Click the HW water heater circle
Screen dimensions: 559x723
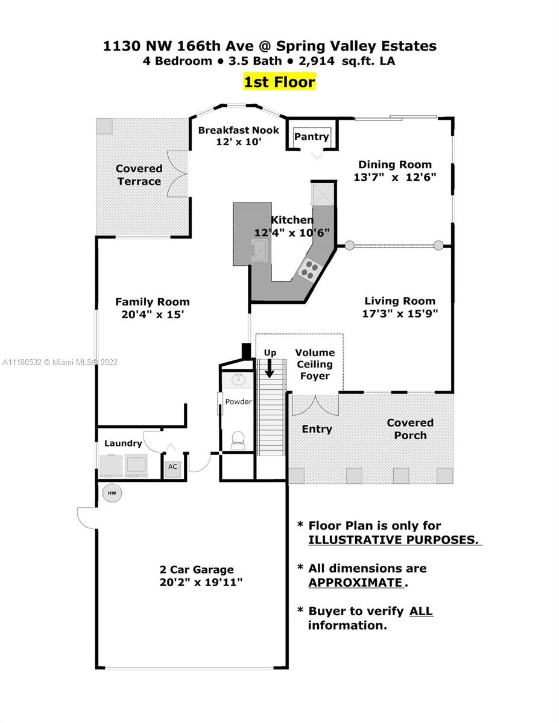click(112, 493)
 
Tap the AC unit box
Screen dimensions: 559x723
click(172, 468)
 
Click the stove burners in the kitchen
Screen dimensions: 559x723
click(309, 269)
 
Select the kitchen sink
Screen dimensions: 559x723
click(259, 250)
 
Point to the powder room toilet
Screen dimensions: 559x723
click(238, 440)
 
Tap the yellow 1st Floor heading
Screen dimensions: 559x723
click(279, 82)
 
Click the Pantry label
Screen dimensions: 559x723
click(311, 136)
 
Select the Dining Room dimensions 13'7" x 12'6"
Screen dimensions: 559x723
click(394, 177)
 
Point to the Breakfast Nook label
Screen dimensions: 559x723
click(238, 130)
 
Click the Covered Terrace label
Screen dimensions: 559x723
click(139, 175)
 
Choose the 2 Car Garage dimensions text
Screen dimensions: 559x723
click(201, 582)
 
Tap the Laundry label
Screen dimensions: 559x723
click(123, 443)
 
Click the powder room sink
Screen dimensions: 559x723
click(238, 379)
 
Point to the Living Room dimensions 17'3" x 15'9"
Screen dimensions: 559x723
click(400, 313)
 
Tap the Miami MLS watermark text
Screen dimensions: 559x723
click(60, 362)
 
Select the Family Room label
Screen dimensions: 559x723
click(153, 302)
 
